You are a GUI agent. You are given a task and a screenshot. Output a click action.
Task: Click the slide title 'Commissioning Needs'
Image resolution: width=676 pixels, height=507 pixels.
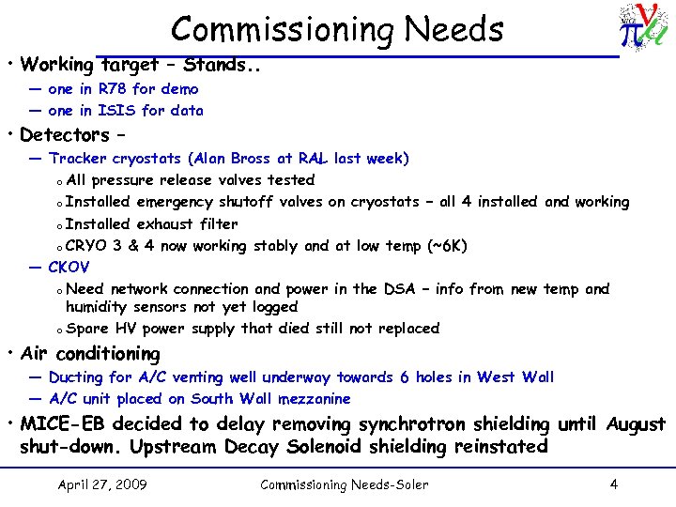[x=337, y=29]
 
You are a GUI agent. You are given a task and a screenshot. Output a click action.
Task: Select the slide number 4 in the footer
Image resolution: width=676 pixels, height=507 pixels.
[x=613, y=484]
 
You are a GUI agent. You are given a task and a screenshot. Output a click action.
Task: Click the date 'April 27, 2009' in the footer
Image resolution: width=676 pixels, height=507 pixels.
[x=101, y=484]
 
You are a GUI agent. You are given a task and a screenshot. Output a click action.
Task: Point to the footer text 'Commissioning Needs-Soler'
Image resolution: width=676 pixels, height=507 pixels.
[x=344, y=484]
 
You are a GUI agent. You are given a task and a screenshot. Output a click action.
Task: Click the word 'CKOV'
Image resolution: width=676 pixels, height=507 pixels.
[x=69, y=268]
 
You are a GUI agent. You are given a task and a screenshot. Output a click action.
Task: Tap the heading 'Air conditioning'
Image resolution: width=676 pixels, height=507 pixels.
[x=90, y=354]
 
